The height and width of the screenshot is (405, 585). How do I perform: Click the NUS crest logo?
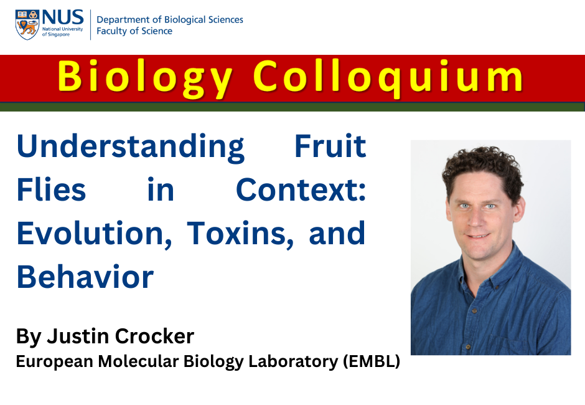pyautogui.click(x=27, y=25)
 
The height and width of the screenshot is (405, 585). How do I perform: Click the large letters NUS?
pyautogui.click(x=63, y=17)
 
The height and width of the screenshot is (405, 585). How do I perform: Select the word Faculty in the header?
pyautogui.click(x=110, y=31)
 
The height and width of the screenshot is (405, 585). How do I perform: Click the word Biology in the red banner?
pyautogui.click(x=145, y=77)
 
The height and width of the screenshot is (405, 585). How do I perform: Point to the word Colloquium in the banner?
pyautogui.click(x=388, y=77)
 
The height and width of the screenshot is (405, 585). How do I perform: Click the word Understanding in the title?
pyautogui.click(x=131, y=147)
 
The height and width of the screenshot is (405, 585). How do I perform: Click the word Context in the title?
pyautogui.click(x=301, y=189)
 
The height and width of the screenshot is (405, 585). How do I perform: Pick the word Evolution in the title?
pyautogui.click(x=95, y=234)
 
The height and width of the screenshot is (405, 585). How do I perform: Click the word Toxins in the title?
pyautogui.click(x=240, y=234)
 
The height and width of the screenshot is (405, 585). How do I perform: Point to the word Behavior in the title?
pyautogui.click(x=85, y=277)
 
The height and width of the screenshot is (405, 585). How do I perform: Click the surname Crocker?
pyautogui.click(x=154, y=336)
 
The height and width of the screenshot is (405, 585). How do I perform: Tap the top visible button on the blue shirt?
pyautogui.click(x=475, y=310)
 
